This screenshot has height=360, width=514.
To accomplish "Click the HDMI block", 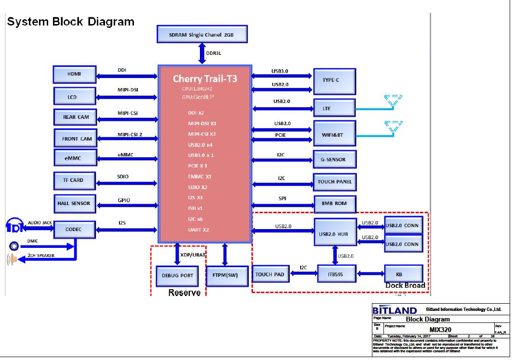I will click(75, 74).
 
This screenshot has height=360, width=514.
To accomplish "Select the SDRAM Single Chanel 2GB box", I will click(202, 35).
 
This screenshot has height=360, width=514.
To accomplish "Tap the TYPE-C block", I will click(334, 81).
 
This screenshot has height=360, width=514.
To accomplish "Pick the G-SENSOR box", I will click(334, 159).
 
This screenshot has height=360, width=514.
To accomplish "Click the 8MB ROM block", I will click(334, 204).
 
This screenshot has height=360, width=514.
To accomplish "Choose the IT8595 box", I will click(336, 274).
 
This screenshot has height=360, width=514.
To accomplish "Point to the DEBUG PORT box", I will click(177, 276).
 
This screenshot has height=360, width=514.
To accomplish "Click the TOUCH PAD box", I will click(270, 274).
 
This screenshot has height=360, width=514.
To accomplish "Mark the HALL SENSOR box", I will click(74, 203).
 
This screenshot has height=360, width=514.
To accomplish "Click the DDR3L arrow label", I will click(213, 53).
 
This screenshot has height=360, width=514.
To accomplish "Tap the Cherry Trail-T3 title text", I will click(205, 78).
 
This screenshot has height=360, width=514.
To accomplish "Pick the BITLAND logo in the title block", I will click(395, 310).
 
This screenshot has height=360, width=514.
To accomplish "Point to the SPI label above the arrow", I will click(282, 198).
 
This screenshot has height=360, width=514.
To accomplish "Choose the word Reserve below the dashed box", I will click(184, 293).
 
